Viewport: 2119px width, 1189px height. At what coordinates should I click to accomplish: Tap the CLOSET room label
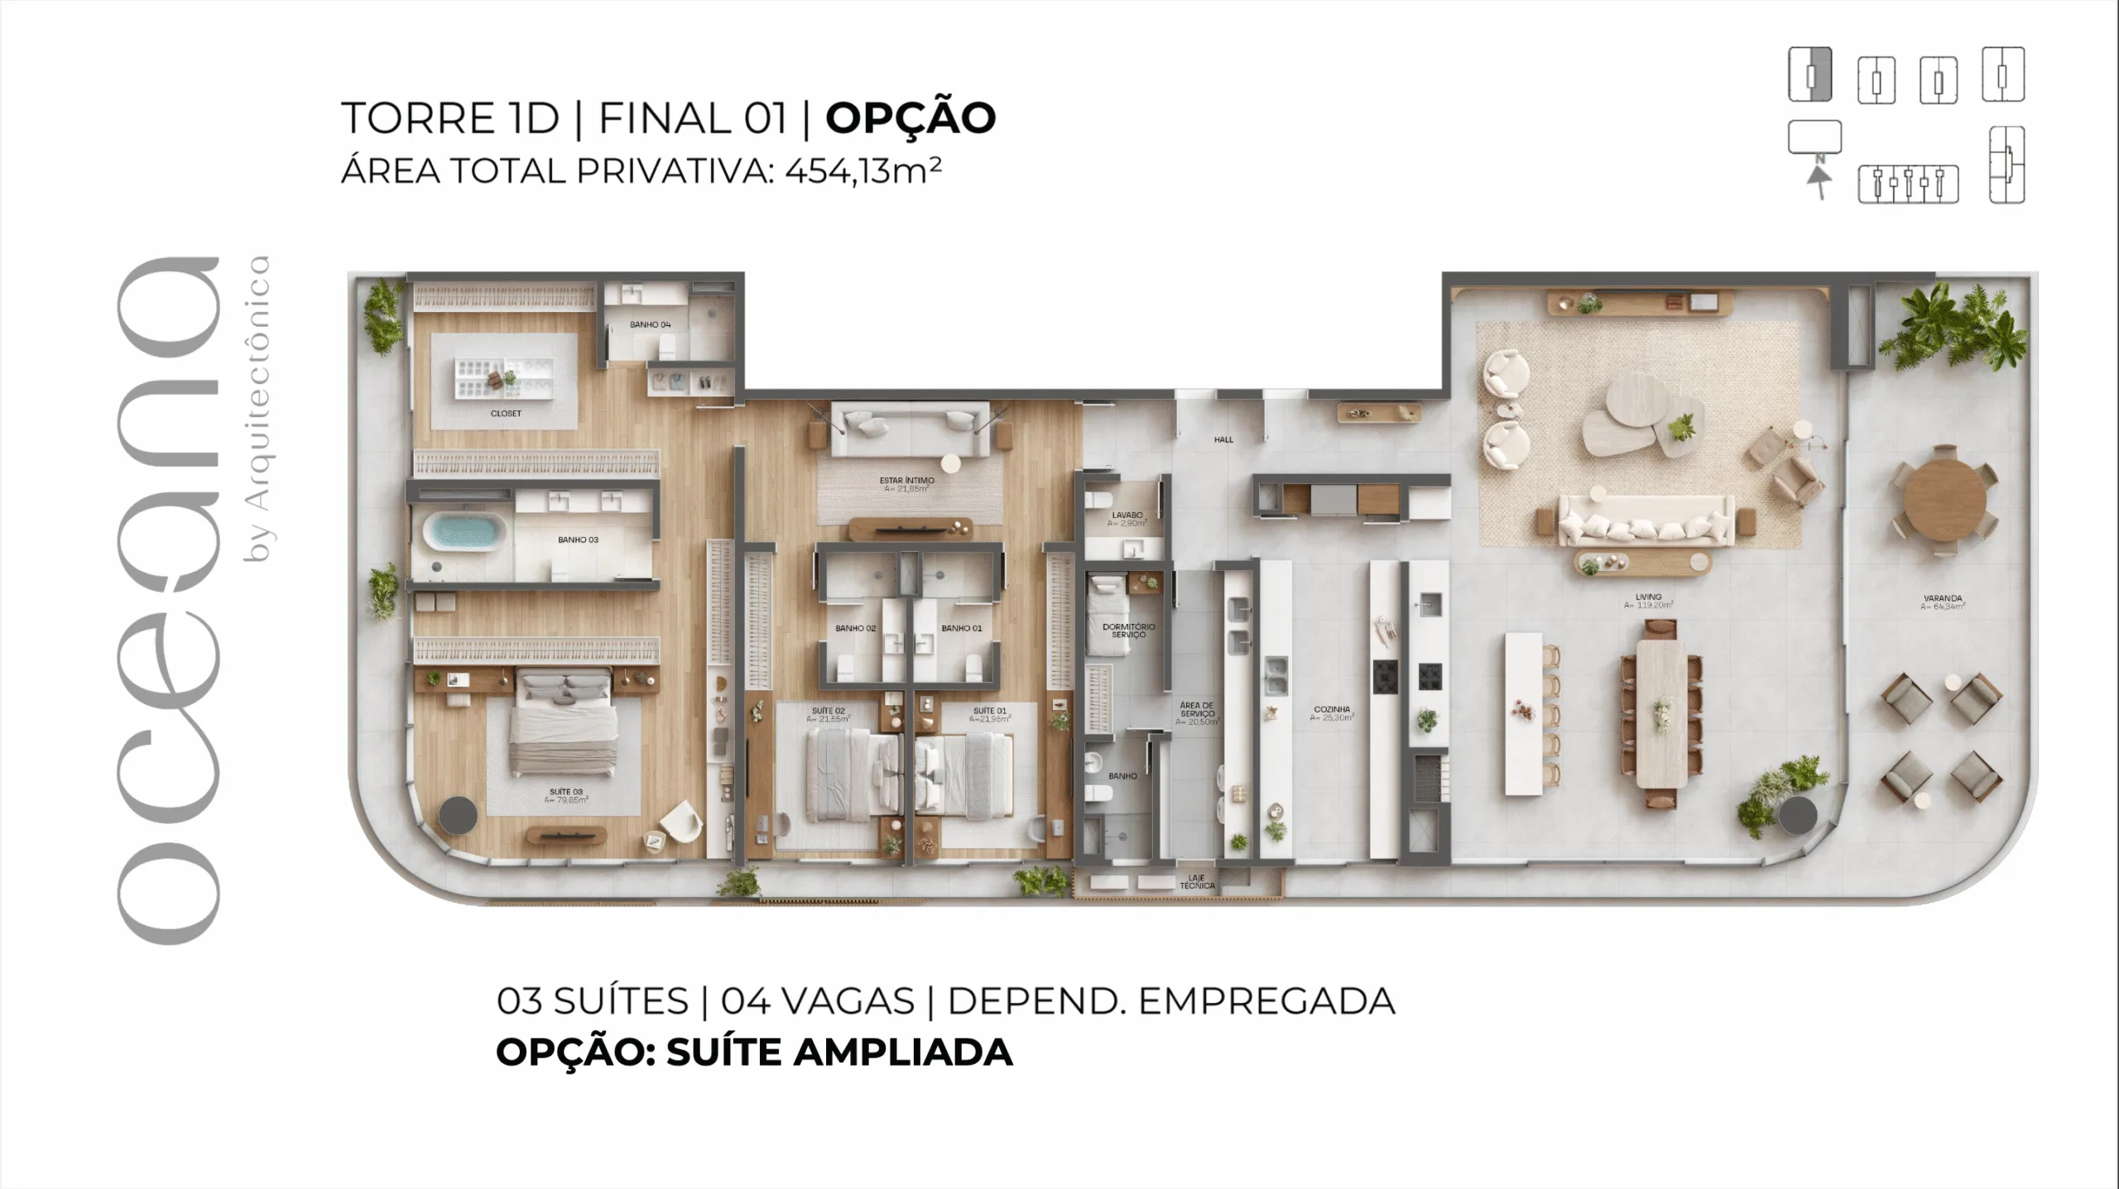[x=506, y=413]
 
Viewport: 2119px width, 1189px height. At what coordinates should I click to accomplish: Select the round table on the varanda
[x=1944, y=499]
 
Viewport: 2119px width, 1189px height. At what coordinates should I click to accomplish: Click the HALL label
[x=1223, y=439]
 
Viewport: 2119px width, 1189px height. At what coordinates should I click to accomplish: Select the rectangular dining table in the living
[x=1662, y=713]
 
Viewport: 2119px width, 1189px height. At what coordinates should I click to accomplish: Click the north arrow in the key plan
[x=1818, y=180]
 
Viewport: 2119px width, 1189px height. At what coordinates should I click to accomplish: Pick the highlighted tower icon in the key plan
[x=1809, y=75]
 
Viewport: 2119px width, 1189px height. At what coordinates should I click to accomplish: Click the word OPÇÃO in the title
[x=911, y=117]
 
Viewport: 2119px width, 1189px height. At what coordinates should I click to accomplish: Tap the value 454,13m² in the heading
[x=862, y=171]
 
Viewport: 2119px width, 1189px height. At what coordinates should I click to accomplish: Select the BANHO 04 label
[x=650, y=324]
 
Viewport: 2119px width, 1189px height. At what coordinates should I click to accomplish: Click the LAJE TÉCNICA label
[x=1197, y=881]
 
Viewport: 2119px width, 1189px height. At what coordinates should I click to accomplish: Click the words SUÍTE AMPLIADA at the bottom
[x=839, y=1052]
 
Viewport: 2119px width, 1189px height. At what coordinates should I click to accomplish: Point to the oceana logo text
[x=169, y=600]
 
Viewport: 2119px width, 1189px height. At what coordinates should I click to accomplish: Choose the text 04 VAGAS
[x=817, y=1001]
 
